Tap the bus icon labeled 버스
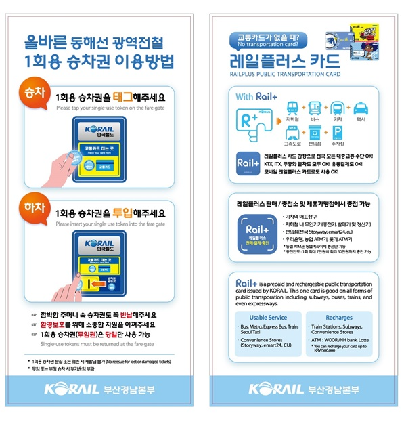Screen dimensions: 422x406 pos(317,109)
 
